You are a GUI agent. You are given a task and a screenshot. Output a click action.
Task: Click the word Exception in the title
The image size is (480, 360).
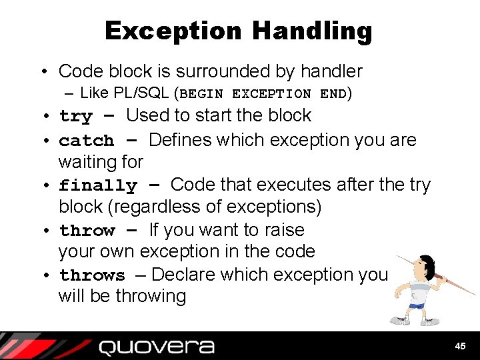[173, 31]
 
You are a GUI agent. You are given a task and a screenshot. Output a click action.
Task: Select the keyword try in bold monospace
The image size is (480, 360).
[75, 117]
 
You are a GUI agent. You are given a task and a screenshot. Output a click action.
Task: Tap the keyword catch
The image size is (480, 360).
[87, 141]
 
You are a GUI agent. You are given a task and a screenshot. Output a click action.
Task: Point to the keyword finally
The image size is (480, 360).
[98, 185]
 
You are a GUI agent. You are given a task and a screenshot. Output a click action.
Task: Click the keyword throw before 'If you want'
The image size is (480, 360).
[87, 231]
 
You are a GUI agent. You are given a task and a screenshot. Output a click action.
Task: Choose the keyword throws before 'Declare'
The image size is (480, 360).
[92, 275]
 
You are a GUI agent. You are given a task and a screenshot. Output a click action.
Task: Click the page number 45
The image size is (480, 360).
[459, 346]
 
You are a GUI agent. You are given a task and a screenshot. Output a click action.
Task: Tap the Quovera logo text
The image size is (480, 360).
[157, 347]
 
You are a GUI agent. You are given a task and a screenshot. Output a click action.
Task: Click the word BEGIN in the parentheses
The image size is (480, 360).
[203, 94]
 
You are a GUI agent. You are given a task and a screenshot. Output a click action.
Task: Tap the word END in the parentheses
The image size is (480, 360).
[333, 94]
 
